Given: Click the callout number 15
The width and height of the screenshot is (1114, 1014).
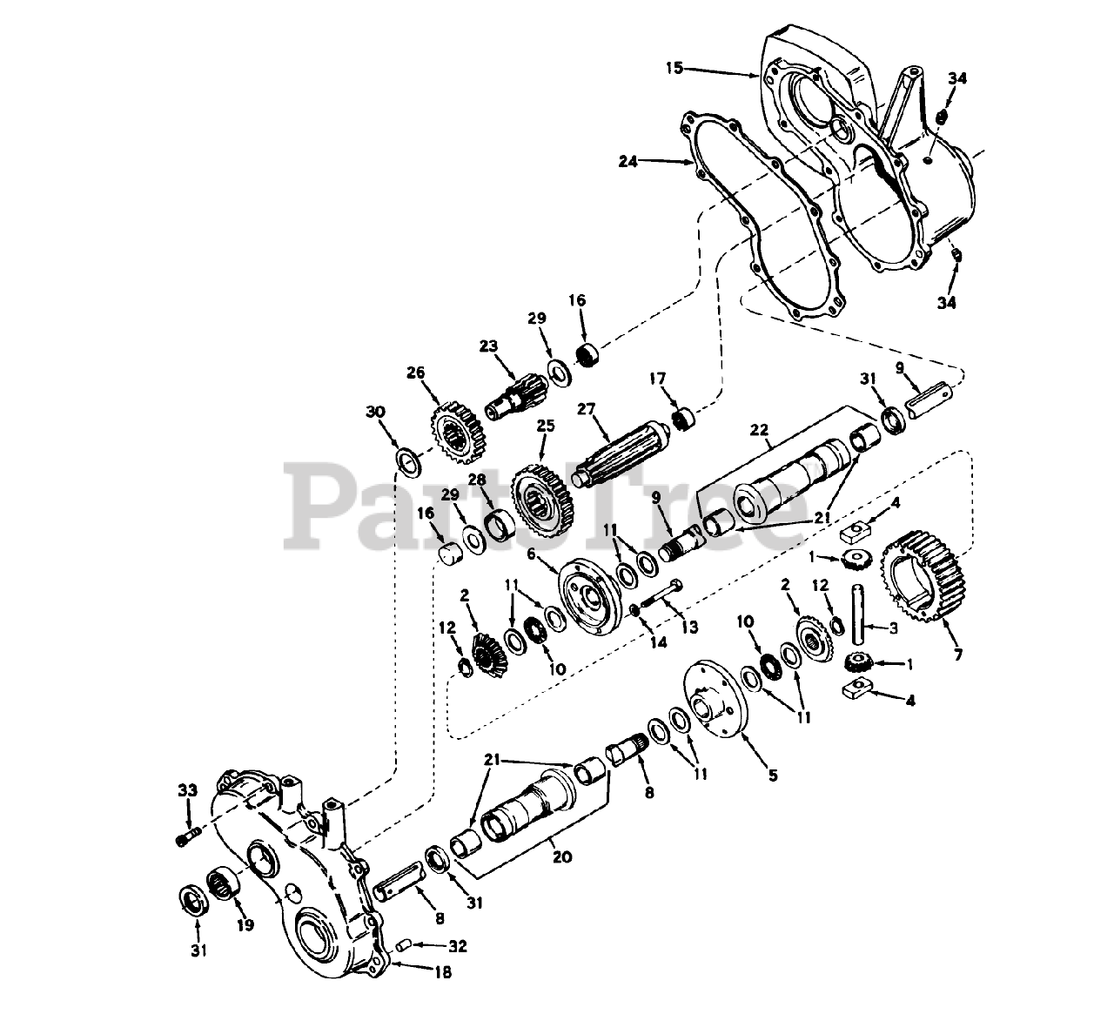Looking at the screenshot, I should (x=675, y=67).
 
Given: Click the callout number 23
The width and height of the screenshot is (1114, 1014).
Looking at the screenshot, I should (x=487, y=347).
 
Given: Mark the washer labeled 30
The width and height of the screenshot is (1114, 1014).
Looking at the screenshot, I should (x=406, y=460).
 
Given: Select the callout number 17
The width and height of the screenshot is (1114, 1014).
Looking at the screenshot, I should (x=657, y=379).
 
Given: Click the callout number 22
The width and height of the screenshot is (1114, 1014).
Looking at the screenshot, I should (x=759, y=430).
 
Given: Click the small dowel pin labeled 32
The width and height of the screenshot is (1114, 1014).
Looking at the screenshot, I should (x=403, y=943).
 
